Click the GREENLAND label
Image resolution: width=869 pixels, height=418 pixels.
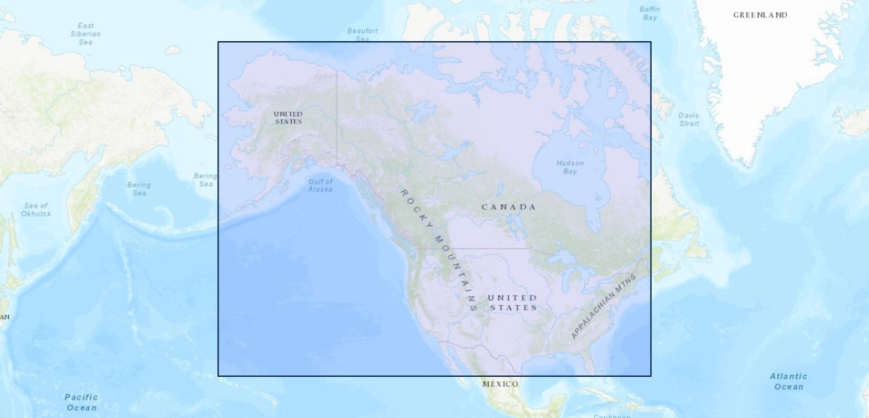click(x=760, y=15)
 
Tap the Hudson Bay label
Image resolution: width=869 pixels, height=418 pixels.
click(x=570, y=167)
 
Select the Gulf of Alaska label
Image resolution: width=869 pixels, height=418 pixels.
click(x=320, y=185)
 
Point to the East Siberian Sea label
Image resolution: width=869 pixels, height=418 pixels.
click(x=86, y=33)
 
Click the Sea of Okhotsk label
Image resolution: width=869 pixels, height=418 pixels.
click(x=36, y=210)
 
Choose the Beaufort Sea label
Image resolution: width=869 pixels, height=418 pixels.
click(x=363, y=35)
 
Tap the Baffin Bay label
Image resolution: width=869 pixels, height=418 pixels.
click(x=650, y=13)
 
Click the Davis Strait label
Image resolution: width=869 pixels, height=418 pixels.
click(x=689, y=120)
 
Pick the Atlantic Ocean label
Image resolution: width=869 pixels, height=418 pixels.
click(x=788, y=381)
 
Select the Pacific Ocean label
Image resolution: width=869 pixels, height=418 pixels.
click(x=81, y=402)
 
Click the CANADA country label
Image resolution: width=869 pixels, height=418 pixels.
click(x=509, y=207)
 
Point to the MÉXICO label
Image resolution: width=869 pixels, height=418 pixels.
click(x=501, y=385)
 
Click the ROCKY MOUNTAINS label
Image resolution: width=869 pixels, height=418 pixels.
click(x=439, y=249)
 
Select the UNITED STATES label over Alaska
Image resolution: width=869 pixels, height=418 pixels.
click(x=288, y=118)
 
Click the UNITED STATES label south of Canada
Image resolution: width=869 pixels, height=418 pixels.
click(x=513, y=302)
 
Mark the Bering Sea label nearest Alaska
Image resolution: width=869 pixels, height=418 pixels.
click(x=205, y=180)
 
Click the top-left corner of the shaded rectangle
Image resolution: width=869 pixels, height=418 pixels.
click(x=218, y=42)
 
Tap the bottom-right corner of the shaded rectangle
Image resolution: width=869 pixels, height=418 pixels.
click(x=651, y=376)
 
